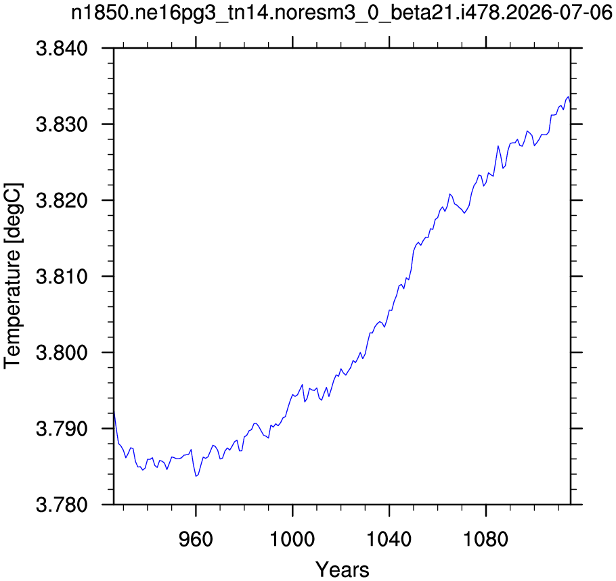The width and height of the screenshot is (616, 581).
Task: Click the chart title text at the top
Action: point(342,14)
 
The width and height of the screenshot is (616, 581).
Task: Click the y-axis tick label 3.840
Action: point(62,49)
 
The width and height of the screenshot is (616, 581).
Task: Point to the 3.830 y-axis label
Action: point(62,124)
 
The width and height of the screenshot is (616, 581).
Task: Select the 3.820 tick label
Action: point(62,201)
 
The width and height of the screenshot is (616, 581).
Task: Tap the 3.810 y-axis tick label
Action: point(62,277)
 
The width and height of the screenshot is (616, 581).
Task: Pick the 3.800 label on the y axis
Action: point(62,352)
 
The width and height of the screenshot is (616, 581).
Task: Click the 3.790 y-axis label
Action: point(62,429)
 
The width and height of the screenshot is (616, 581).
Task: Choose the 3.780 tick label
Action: point(62,505)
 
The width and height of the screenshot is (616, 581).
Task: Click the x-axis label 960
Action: point(196,539)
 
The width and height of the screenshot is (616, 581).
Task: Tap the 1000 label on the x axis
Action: point(292,539)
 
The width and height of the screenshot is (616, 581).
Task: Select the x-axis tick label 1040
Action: point(389,539)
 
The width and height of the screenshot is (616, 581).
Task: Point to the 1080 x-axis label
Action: point(486,539)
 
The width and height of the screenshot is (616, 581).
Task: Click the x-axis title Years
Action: point(342,570)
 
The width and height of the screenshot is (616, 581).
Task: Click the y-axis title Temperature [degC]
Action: point(13,276)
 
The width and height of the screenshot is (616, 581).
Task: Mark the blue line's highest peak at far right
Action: point(568,97)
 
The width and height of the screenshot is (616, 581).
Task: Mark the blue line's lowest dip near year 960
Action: point(196,476)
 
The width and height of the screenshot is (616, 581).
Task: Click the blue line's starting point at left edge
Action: point(114,411)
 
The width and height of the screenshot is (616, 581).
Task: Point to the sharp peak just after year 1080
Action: point(498,146)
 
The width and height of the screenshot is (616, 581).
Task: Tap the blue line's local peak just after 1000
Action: point(302,385)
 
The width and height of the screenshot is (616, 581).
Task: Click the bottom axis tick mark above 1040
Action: point(389,509)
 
